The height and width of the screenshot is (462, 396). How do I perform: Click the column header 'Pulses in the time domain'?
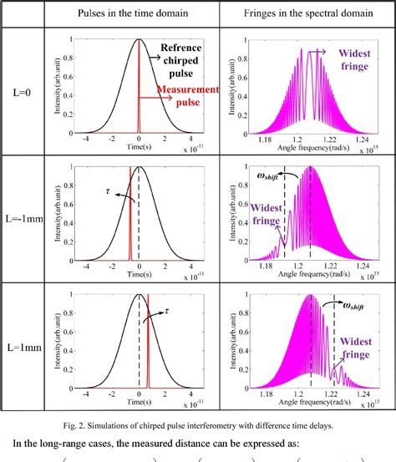140,14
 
